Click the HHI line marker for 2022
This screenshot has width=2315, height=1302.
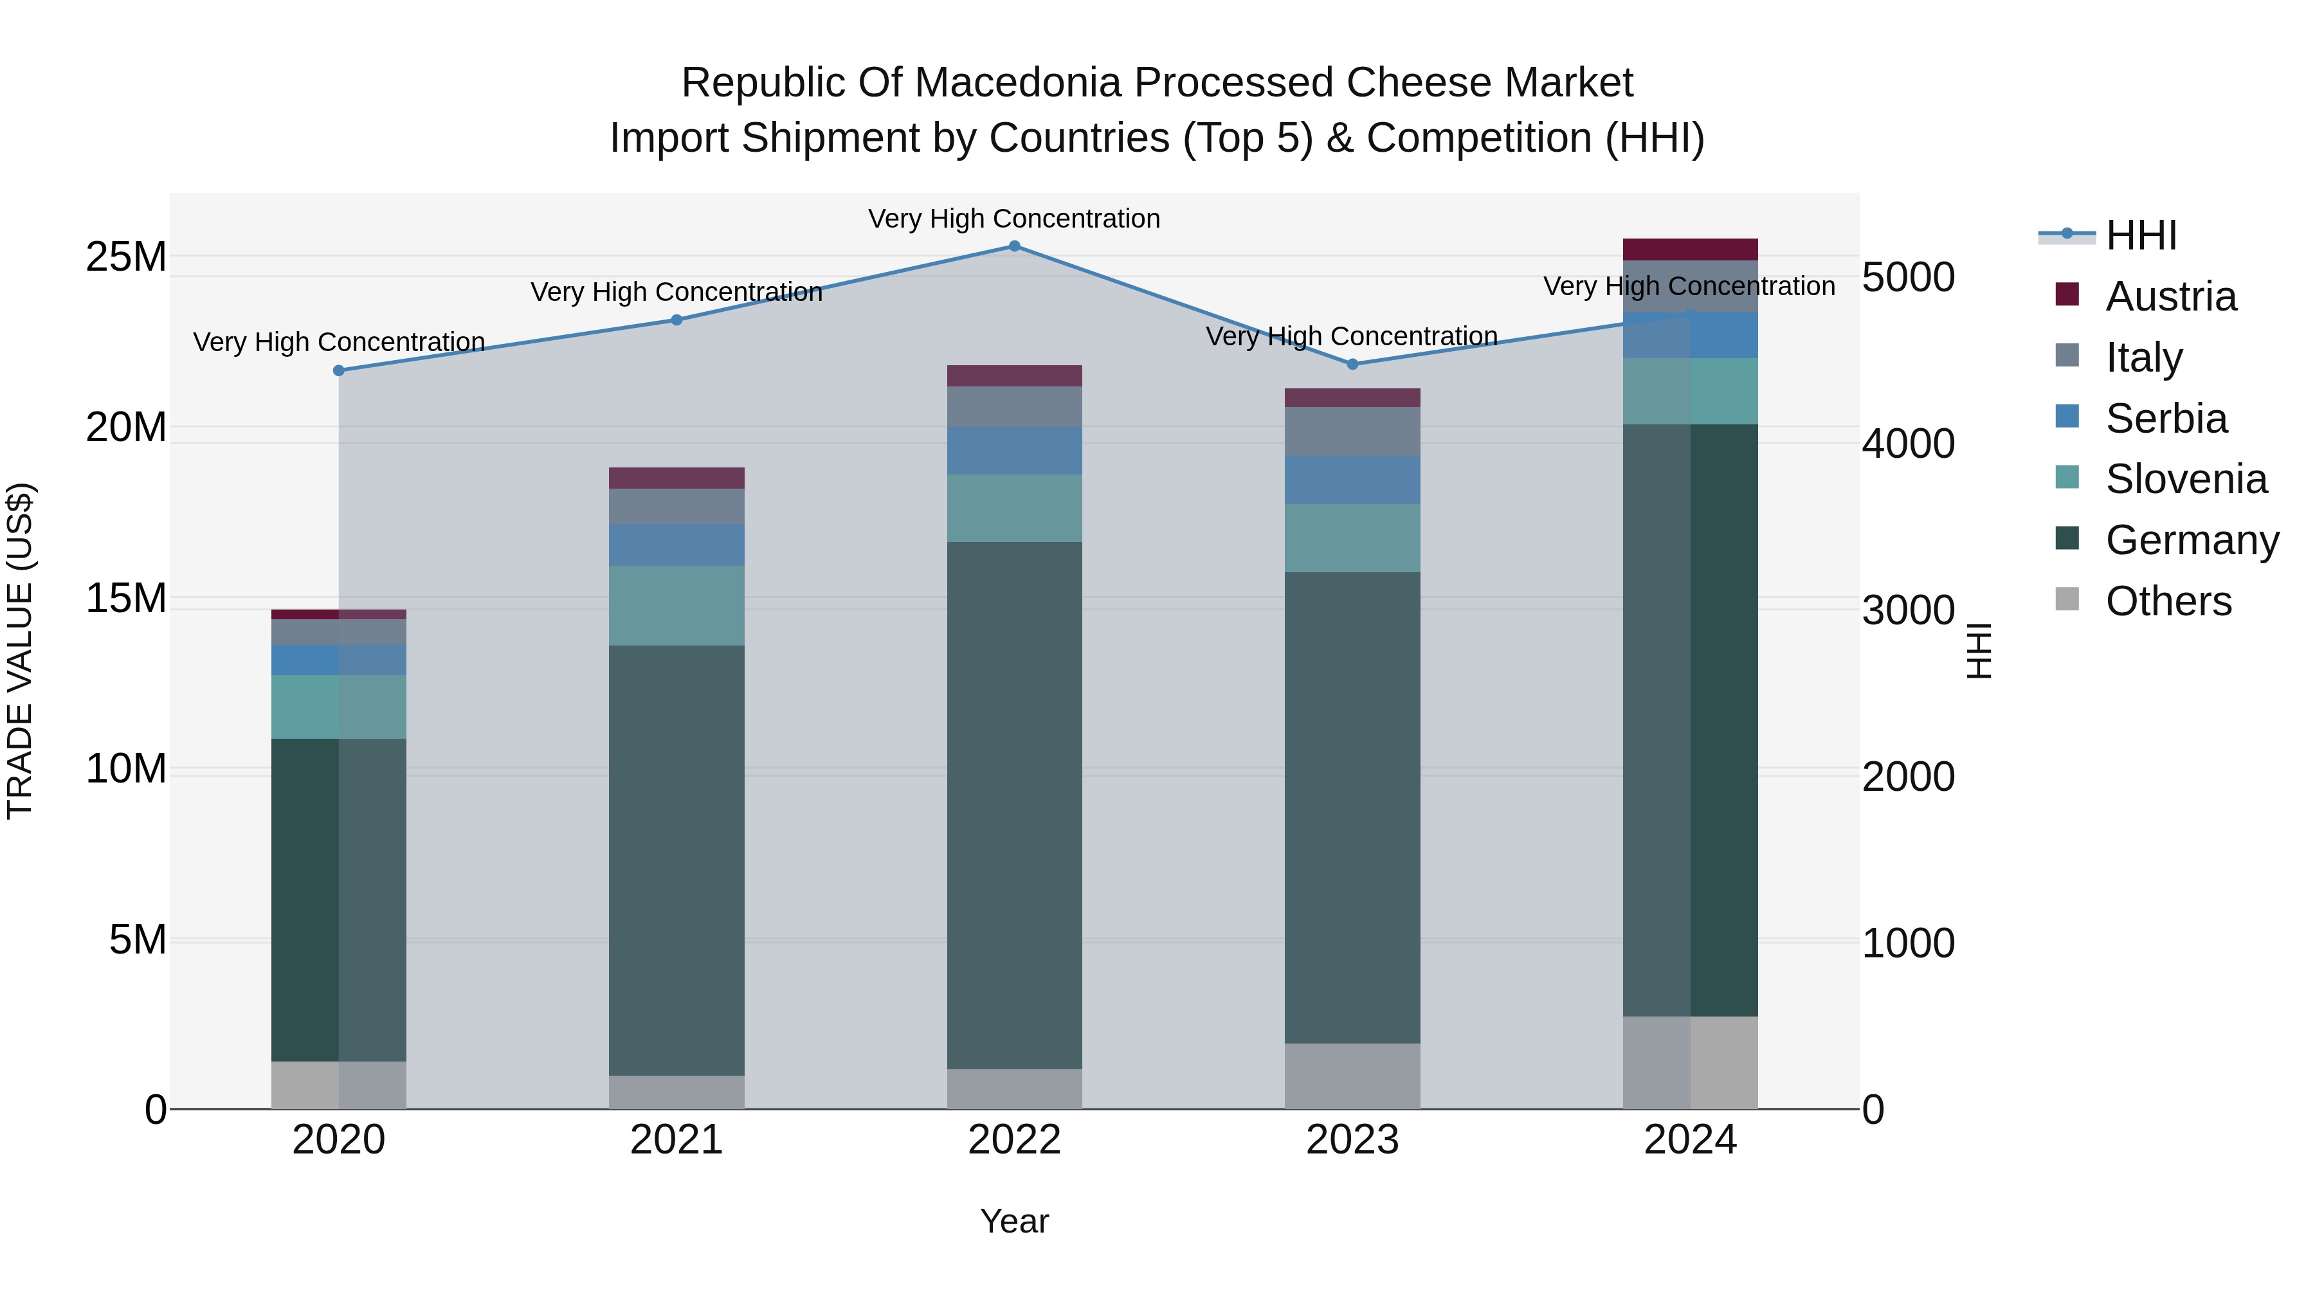pyautogui.click(x=1015, y=246)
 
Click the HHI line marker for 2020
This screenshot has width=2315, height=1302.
pyautogui.click(x=339, y=370)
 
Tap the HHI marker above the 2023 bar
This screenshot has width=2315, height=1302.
pyautogui.click(x=1352, y=364)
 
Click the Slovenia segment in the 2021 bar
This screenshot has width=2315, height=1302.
pyautogui.click(x=676, y=605)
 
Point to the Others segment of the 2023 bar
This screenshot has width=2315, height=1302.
pyautogui.click(x=1352, y=1076)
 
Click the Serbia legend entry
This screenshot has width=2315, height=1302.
pyautogui.click(x=2166, y=419)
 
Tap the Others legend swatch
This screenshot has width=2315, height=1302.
pyautogui.click(x=2067, y=599)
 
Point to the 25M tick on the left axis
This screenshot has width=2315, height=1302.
pyautogui.click(x=126, y=258)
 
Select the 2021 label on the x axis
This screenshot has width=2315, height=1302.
pyautogui.click(x=676, y=1140)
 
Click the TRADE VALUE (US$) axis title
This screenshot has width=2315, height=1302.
pyautogui.click(x=20, y=651)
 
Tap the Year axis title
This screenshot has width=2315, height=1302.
pyautogui.click(x=1015, y=1221)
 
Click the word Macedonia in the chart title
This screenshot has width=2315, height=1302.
pyautogui.click(x=1022, y=83)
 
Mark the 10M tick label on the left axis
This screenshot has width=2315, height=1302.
pyautogui.click(x=126, y=769)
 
